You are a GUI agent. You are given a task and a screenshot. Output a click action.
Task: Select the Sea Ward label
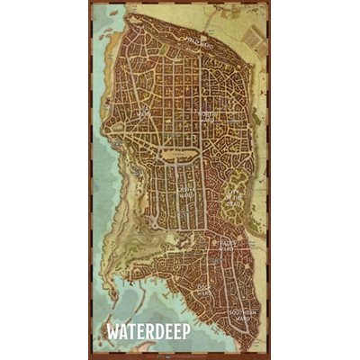143,113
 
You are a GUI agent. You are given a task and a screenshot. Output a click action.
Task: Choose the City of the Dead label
234,189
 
